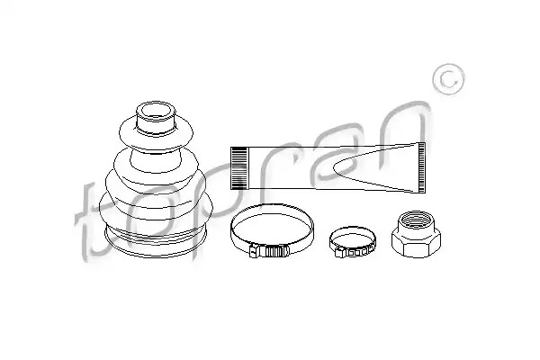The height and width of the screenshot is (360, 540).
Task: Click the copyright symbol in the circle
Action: click(448, 79)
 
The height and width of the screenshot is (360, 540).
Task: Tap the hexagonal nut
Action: click(416, 234)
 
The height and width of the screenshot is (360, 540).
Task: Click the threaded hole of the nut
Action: click(416, 219)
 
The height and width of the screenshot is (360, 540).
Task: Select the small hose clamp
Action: click(352, 242)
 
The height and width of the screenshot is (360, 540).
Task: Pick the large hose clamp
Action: click(272, 230)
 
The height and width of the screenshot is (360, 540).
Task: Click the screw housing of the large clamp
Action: click(269, 251)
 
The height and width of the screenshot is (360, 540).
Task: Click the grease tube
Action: click(328, 167)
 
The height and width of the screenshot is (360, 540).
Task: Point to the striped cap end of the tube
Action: click(238, 168)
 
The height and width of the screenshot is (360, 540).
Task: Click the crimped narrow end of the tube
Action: click(421, 167)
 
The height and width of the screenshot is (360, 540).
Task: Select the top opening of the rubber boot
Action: click(156, 111)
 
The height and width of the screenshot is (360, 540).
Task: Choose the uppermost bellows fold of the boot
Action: click(156, 134)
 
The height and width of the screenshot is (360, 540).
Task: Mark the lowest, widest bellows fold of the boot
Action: click(156, 209)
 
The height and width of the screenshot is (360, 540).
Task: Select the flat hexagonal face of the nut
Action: click(416, 246)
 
